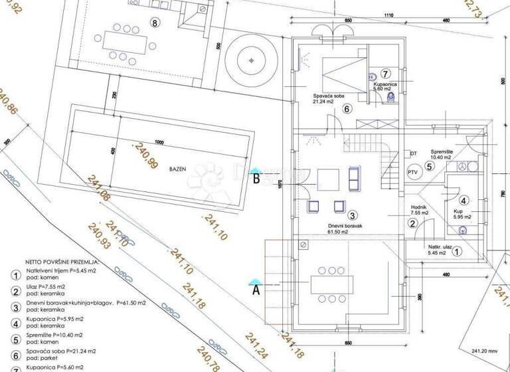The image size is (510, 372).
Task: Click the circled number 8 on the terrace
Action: click(155, 23)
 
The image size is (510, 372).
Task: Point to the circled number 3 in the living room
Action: click(353, 215)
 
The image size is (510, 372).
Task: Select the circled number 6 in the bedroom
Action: click(345, 110)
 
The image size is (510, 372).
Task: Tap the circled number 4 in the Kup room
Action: click(464, 199)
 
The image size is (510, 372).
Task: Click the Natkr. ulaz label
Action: click(440, 247)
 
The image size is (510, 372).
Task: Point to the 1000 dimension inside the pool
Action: click(159, 141)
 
